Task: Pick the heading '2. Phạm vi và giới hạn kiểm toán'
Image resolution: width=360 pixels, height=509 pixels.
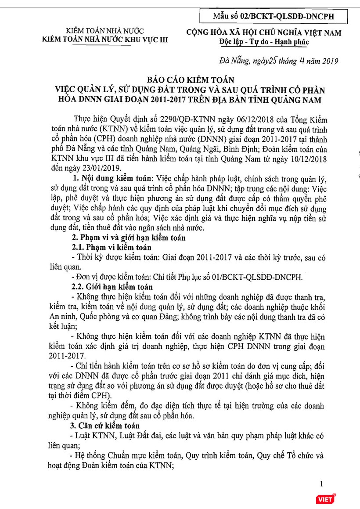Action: coord(129,238)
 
